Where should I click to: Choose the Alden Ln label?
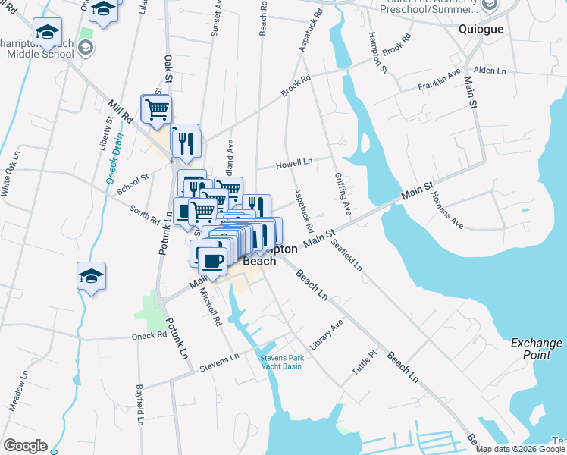[490, 71]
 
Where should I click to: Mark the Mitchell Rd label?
[209, 310]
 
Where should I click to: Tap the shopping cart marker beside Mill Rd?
[157, 109]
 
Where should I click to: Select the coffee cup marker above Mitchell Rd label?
[212, 261]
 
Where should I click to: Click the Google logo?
[25, 446]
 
